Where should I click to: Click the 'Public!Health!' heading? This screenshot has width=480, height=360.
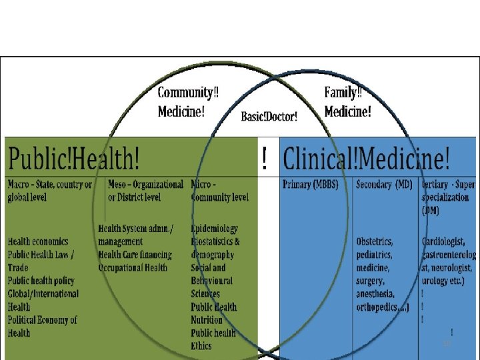click(x=75, y=158)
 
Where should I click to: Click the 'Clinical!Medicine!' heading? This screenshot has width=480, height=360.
click(x=367, y=158)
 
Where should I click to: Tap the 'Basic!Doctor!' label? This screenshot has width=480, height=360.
click(x=269, y=116)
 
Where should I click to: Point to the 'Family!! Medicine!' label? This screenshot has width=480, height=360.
click(x=348, y=102)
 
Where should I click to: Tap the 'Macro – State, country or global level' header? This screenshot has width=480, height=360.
click(x=50, y=190)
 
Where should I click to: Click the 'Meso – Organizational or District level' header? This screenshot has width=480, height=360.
click(x=145, y=190)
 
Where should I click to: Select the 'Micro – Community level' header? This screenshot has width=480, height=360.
click(x=220, y=190)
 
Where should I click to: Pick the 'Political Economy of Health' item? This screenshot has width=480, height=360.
click(x=43, y=326)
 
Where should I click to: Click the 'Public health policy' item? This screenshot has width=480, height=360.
click(x=41, y=281)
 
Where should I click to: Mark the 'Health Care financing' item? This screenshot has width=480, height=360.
click(x=135, y=254)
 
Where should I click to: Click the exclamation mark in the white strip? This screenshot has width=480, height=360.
click(x=266, y=159)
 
